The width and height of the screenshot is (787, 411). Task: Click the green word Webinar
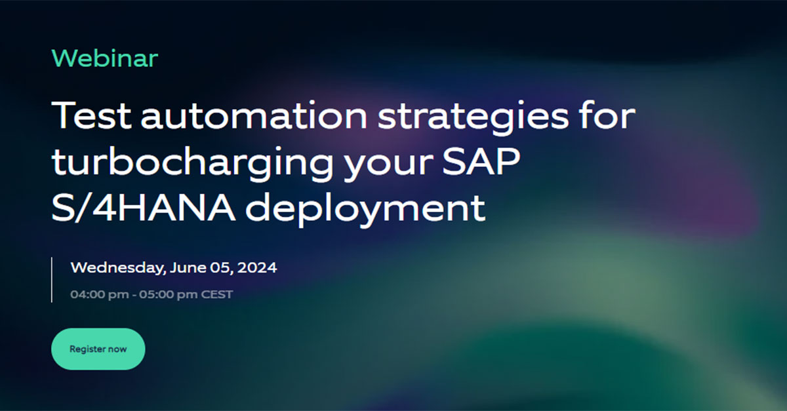[105, 58]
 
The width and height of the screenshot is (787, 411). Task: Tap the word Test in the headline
[91, 115]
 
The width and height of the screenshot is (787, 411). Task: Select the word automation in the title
[254, 115]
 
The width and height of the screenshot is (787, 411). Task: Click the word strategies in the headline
[474, 119]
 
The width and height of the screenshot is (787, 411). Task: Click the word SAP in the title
[481, 161]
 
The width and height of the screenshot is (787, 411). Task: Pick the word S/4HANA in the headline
[144, 207]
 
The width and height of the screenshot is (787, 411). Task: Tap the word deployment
[365, 210]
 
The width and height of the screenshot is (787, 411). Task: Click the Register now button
[98, 349]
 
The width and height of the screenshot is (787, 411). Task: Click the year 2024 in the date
[257, 267]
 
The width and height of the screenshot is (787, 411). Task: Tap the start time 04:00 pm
[100, 294]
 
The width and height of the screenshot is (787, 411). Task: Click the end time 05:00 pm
[169, 294]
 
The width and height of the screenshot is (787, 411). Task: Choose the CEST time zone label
[217, 294]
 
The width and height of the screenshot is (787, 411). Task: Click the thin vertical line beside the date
[52, 280]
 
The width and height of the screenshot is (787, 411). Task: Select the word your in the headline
[388, 165]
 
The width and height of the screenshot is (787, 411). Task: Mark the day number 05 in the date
[220, 268]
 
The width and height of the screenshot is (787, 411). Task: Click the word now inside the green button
[117, 349]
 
